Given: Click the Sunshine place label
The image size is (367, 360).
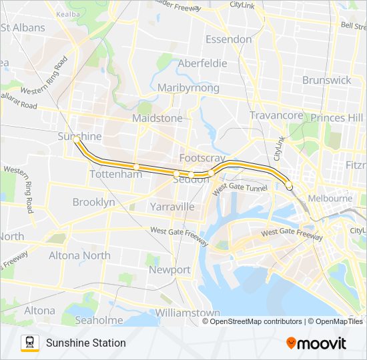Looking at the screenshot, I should click(x=79, y=136).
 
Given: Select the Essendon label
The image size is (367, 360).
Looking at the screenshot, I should click(x=228, y=39).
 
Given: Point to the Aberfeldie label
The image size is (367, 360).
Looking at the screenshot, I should click(x=202, y=63).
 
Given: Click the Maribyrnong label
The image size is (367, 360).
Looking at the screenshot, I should click(x=188, y=87).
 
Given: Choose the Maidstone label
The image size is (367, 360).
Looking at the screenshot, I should click(x=157, y=118).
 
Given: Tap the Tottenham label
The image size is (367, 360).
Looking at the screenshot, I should click(x=115, y=174).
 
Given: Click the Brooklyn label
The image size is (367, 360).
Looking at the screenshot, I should click(x=93, y=202).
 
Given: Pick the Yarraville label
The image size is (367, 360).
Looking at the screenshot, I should click(x=172, y=207).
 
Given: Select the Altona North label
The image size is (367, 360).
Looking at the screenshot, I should click(x=79, y=255).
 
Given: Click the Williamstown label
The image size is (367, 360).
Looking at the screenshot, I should click(x=187, y=313).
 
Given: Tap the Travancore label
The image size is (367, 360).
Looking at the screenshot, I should click(x=276, y=115).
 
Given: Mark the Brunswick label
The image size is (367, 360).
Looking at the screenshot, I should click(x=326, y=80).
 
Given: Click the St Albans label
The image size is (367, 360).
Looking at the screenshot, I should click(x=23, y=28).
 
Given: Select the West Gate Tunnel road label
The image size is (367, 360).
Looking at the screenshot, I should click(x=240, y=189).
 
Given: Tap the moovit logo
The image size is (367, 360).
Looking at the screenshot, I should click(x=316, y=343).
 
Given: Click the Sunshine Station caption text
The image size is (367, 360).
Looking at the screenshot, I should click(x=85, y=343).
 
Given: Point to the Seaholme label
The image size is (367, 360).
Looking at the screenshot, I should click(x=99, y=320).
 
